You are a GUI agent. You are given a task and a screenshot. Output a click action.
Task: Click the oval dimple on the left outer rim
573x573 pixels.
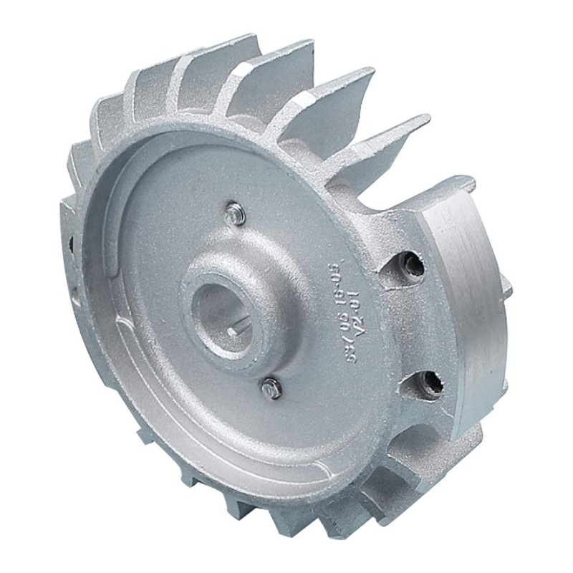click(x=74, y=294)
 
